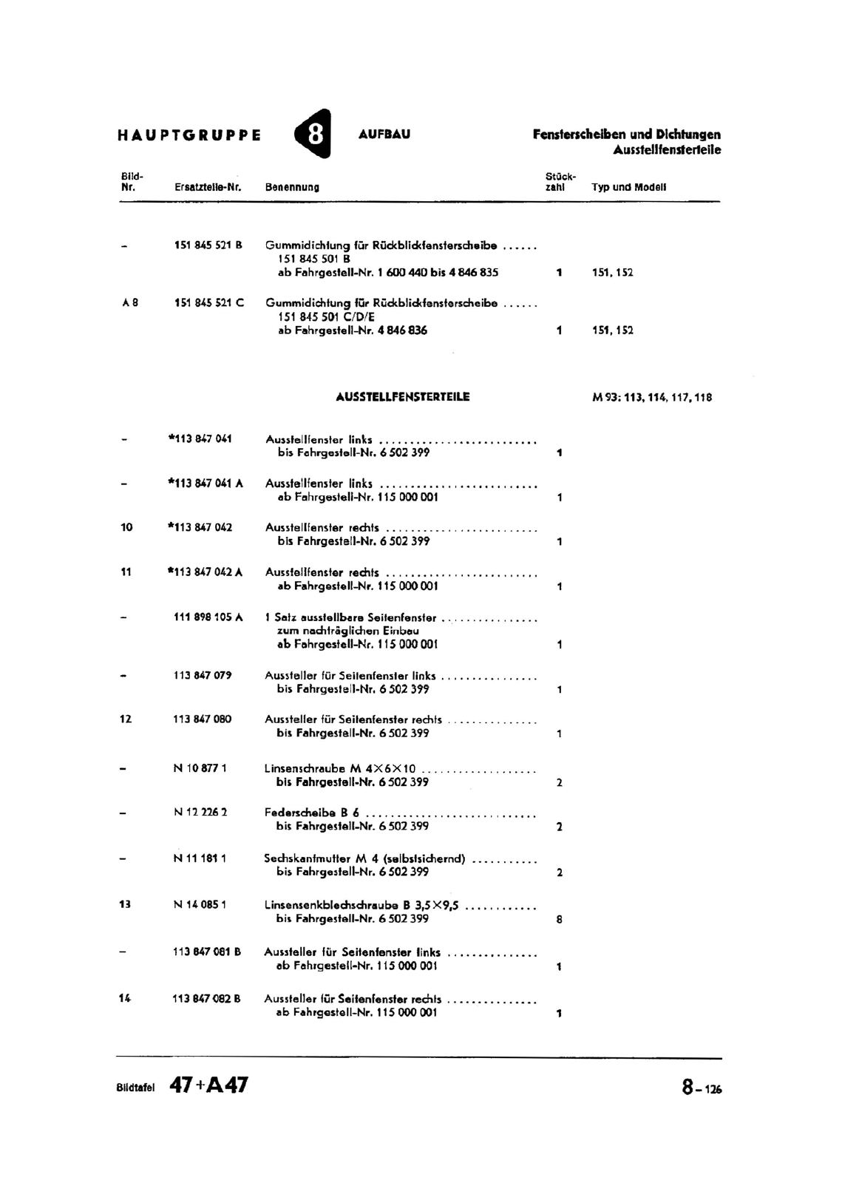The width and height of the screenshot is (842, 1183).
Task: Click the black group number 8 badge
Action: tap(313, 134)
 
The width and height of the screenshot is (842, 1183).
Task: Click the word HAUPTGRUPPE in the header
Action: tap(189, 135)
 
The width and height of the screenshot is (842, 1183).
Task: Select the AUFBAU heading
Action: tap(384, 135)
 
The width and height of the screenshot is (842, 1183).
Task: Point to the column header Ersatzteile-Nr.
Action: tap(208, 188)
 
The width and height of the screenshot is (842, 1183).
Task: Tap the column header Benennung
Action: tap(292, 188)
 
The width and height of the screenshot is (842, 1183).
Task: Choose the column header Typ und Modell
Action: tap(629, 187)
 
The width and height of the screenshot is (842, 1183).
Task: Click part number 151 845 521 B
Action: tap(208, 245)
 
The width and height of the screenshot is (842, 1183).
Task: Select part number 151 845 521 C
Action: tap(208, 302)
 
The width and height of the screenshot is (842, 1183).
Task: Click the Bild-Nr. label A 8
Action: tap(129, 302)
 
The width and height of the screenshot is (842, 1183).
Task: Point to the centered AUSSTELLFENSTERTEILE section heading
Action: tap(402, 397)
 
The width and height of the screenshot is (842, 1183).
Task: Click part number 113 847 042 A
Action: tap(206, 572)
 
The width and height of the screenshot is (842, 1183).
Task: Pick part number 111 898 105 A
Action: tap(208, 617)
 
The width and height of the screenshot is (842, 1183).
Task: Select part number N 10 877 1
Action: tap(200, 768)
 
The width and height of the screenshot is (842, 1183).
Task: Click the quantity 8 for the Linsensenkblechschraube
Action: tap(559, 920)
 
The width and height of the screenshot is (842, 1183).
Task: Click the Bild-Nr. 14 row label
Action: tap(125, 998)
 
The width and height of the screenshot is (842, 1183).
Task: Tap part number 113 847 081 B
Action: tap(206, 952)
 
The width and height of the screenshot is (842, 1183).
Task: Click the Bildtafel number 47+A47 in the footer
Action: tap(209, 1085)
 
